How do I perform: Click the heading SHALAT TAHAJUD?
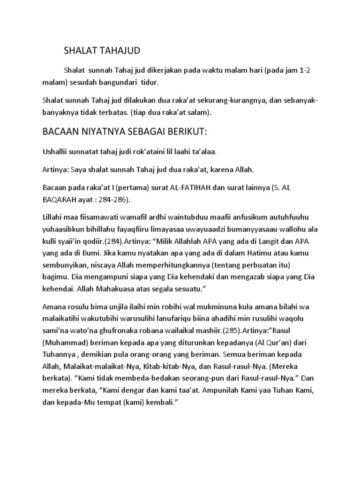102,50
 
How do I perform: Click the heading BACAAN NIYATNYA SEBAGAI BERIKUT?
124,133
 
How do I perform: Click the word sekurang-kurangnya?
221,102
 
